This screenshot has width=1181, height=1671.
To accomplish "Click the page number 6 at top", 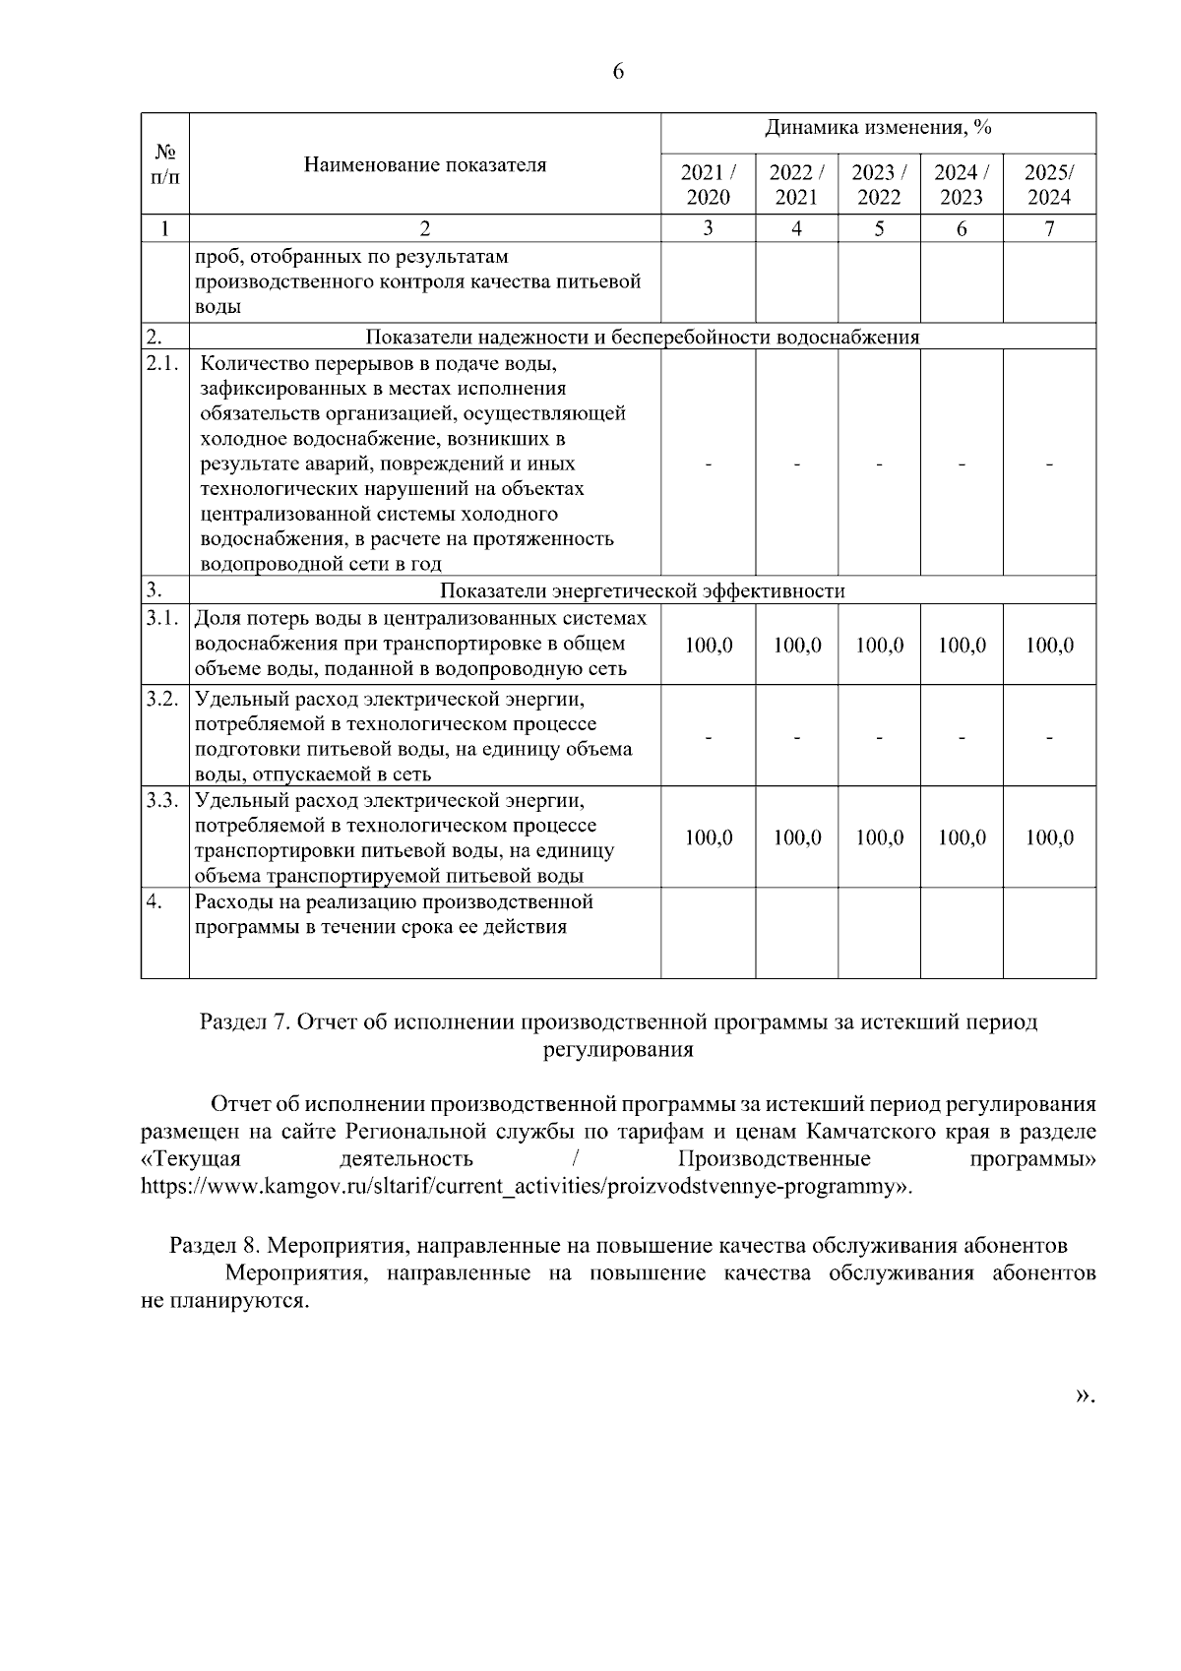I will coord(618,72).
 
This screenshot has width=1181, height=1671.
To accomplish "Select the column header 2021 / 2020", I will coord(708,184).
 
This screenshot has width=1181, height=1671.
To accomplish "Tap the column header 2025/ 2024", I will coord(1049,184).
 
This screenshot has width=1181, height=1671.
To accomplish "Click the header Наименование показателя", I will coord(424,164).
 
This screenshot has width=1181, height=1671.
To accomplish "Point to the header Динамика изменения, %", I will coord(878,128).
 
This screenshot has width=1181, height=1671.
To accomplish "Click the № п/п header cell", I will coord(164,164).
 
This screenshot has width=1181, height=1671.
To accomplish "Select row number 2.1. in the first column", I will coord(162,363).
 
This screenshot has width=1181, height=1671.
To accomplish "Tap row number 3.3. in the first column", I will coord(162,800).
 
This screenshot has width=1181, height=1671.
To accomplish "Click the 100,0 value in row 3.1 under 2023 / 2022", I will coord(879,646).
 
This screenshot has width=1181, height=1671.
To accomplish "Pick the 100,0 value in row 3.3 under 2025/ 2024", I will coord(1049,837).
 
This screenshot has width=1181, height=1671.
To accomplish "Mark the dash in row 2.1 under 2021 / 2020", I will coord(708,464).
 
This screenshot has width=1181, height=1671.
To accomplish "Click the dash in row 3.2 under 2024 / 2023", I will coord(962,736).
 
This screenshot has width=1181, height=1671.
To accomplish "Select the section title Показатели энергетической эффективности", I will coord(642,590).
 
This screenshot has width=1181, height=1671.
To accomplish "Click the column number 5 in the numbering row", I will coord(879,228).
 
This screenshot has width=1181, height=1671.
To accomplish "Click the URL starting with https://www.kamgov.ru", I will coord(526,1186).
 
